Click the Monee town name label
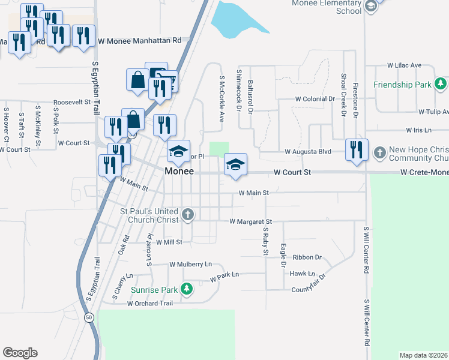[179, 172]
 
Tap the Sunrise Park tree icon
[187, 289]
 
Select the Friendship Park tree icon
[441, 84]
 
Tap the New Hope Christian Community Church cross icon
[379, 153]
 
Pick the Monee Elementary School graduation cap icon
[370, 7]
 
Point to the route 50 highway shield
[89, 317]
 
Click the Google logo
[20, 352]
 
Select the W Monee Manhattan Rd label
[139, 41]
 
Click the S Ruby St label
[265, 241]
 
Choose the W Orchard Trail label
[149, 304]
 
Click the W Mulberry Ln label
[191, 264]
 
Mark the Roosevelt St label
[71, 103]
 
